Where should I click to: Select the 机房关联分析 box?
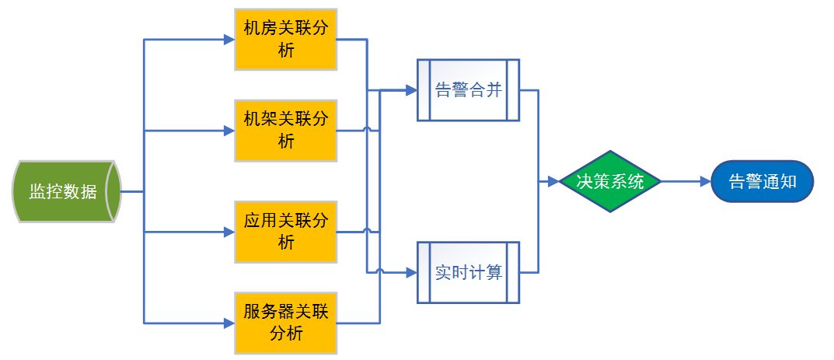click(x=285, y=40)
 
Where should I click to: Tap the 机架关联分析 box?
click(x=285, y=130)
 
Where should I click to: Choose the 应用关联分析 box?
click(x=285, y=231)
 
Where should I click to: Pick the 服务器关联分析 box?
click(x=285, y=322)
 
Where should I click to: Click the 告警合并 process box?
click(x=467, y=90)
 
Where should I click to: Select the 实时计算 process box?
click(x=467, y=272)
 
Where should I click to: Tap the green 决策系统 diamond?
click(x=609, y=182)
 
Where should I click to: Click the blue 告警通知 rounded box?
click(x=762, y=182)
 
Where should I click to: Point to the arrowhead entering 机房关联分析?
click(x=229, y=40)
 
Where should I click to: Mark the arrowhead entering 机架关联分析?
click(x=229, y=130)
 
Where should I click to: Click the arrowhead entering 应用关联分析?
click(x=229, y=231)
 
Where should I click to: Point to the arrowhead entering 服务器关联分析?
click(x=229, y=322)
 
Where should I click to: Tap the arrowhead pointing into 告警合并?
click(x=411, y=91)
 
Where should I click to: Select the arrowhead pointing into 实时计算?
click(x=411, y=272)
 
